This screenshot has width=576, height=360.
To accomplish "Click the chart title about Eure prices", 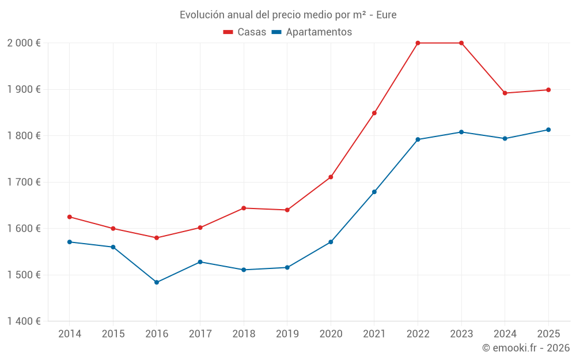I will [x=288, y=14].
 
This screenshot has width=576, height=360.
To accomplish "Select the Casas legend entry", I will [x=245, y=32].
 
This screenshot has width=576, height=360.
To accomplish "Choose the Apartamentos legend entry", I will [x=312, y=32].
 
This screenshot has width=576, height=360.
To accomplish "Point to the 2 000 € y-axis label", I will [x=24, y=43].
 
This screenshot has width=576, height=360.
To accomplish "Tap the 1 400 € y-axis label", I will [x=24, y=321].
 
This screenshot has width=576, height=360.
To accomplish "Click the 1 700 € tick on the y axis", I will [x=24, y=182].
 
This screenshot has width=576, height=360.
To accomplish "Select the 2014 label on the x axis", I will [x=70, y=334].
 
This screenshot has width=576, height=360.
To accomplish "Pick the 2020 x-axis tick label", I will [x=331, y=334].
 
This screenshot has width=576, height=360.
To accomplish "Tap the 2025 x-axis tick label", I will [x=548, y=334].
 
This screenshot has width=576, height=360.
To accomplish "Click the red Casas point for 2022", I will [x=418, y=43].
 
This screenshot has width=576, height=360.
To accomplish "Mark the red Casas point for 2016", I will [x=157, y=238].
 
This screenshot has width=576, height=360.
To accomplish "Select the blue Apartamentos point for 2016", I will [x=157, y=282].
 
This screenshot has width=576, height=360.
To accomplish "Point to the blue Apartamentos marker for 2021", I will [x=374, y=192].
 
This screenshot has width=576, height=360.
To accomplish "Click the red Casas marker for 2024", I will [x=505, y=93].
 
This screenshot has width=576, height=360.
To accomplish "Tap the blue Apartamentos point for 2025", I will [x=548, y=130].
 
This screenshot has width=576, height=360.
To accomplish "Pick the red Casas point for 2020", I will [x=331, y=177].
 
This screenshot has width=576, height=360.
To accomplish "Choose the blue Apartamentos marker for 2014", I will [x=70, y=242].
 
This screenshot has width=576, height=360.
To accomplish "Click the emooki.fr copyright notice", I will [x=525, y=348].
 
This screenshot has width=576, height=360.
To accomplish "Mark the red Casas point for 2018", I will [x=244, y=208].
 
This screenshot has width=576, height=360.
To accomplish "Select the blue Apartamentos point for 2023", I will [x=461, y=132].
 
